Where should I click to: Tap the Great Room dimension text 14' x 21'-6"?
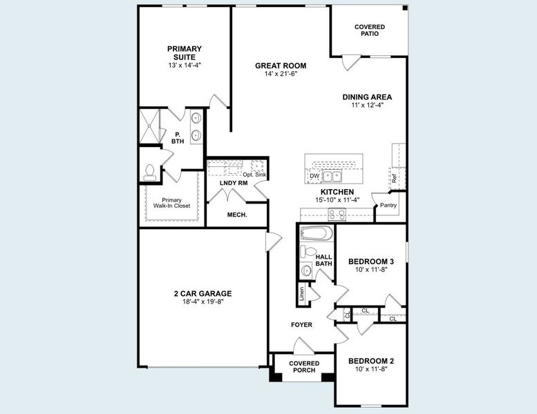pyautogui.click(x=281, y=74)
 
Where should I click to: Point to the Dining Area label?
pyautogui.click(x=367, y=97)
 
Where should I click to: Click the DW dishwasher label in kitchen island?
pyautogui.click(x=314, y=177)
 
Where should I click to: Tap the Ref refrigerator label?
pyautogui.click(x=394, y=178)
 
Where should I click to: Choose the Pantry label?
pyautogui.click(x=388, y=205)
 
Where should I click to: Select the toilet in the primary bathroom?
pyautogui.click(x=149, y=172)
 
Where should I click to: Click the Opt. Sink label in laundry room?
pyautogui.click(x=254, y=175)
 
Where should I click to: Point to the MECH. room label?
pyautogui.click(x=237, y=215)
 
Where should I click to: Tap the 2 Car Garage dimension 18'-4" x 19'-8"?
pyautogui.click(x=202, y=302)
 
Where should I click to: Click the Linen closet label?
pyautogui.click(x=301, y=293)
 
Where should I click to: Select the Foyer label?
pyautogui.click(x=301, y=324)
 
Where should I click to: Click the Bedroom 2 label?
pyautogui.click(x=371, y=361)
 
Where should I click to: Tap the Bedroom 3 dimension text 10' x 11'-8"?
pyautogui.click(x=371, y=270)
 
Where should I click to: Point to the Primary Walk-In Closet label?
pyautogui.click(x=172, y=203)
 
